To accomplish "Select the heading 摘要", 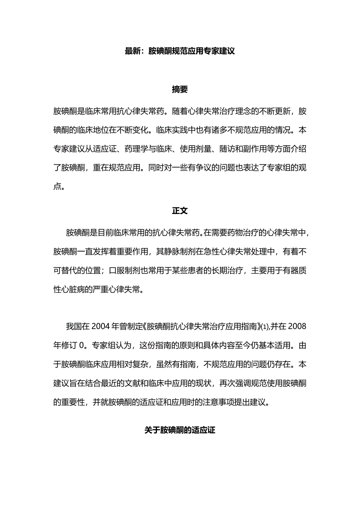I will tap(180, 90).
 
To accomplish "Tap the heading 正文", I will tap(180, 211).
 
